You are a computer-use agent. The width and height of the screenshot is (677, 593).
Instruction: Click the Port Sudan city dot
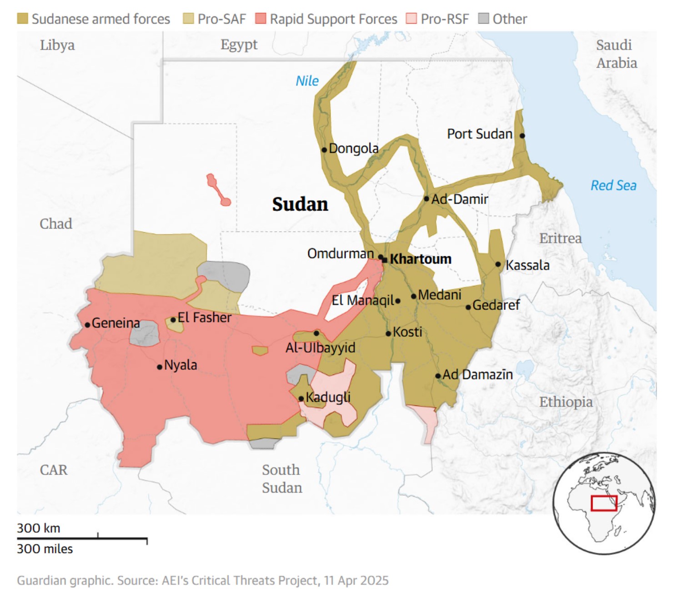pos(522,135)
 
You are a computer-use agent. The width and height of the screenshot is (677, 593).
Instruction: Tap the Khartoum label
pos(421,259)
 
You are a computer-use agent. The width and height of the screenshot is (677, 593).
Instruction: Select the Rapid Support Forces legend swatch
pos(261,19)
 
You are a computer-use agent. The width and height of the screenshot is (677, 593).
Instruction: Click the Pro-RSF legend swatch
pos(411,19)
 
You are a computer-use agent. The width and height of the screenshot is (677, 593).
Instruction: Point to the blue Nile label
pos(307,81)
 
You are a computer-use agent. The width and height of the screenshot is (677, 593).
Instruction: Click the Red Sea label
pos(613,185)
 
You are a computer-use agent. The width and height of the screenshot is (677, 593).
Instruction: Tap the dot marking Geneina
pos(87,324)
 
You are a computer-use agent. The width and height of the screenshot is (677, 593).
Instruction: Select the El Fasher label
pos(204,317)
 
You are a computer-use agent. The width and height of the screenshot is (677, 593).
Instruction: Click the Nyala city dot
pos(160,367)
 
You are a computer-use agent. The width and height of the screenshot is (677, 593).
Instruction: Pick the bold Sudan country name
pos(300,204)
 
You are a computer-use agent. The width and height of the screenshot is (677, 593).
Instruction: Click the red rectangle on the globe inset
pos(604,503)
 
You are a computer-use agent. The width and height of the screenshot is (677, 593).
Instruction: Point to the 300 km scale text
pos(39,528)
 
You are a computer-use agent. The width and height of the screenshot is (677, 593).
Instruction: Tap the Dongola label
pos(353,149)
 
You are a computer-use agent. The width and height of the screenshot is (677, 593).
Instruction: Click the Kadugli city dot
pos(301,399)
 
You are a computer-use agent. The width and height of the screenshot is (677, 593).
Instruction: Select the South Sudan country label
pos(282,478)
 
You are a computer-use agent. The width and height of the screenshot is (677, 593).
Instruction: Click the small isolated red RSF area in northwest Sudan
pos(217,189)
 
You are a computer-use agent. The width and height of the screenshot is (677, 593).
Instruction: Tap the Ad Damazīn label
pos(477,375)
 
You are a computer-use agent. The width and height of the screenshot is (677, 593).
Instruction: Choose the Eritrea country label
pos(560,238)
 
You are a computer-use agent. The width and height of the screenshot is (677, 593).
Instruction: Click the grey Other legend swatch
pos(484,19)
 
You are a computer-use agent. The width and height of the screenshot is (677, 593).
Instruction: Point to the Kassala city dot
pos(498,264)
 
